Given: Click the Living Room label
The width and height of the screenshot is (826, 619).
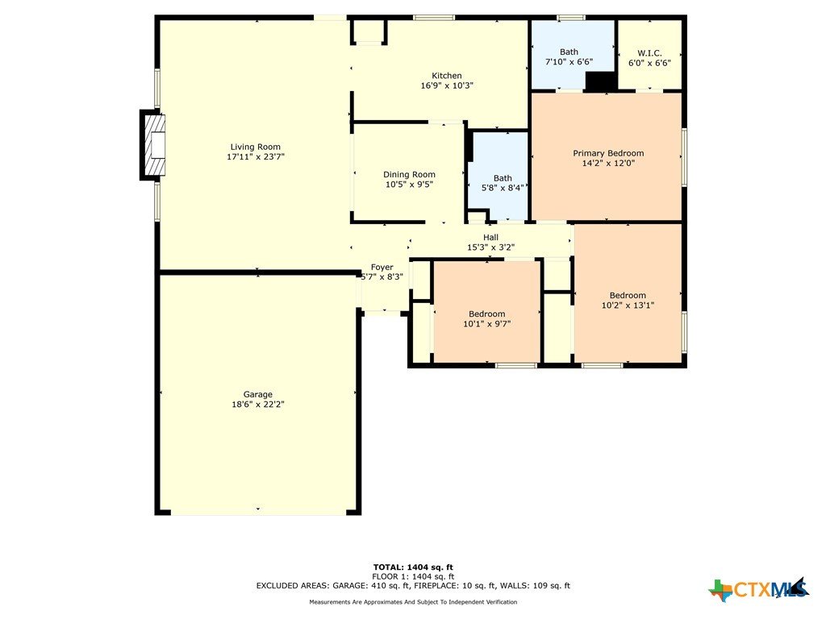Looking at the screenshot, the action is click(256, 147).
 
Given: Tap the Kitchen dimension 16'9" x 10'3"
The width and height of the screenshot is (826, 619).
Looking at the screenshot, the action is click(447, 85).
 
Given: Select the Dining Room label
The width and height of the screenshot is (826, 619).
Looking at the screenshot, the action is click(409, 174).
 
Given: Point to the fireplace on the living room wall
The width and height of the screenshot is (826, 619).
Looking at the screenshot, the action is click(152, 145).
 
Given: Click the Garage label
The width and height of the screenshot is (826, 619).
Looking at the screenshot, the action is click(257, 394).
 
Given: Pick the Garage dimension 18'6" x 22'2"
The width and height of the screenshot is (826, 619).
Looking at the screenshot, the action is click(257, 405).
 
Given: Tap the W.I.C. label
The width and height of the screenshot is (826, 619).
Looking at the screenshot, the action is click(649, 52).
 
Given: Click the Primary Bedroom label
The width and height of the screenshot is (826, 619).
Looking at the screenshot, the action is click(608, 153).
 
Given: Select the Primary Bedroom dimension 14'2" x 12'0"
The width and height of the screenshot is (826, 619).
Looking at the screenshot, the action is click(608, 163).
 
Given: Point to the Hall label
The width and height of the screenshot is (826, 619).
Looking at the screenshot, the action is click(490, 238).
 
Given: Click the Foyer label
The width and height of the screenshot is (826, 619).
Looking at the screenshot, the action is click(382, 267).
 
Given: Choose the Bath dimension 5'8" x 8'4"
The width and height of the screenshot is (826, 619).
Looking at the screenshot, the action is click(503, 188).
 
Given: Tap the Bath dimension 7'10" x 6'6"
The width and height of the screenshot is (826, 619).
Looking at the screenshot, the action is click(569, 61).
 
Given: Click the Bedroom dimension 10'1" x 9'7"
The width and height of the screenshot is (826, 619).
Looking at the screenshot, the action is click(486, 324).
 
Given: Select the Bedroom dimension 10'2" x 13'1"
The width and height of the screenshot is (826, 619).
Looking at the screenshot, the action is click(628, 305).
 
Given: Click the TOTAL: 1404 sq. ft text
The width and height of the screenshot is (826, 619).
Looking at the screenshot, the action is click(413, 567).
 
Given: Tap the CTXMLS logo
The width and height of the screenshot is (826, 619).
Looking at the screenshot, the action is click(758, 589).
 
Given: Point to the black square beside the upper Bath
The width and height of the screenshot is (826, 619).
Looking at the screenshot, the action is click(601, 81).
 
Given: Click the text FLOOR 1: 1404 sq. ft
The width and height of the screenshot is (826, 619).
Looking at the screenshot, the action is click(413, 576).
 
